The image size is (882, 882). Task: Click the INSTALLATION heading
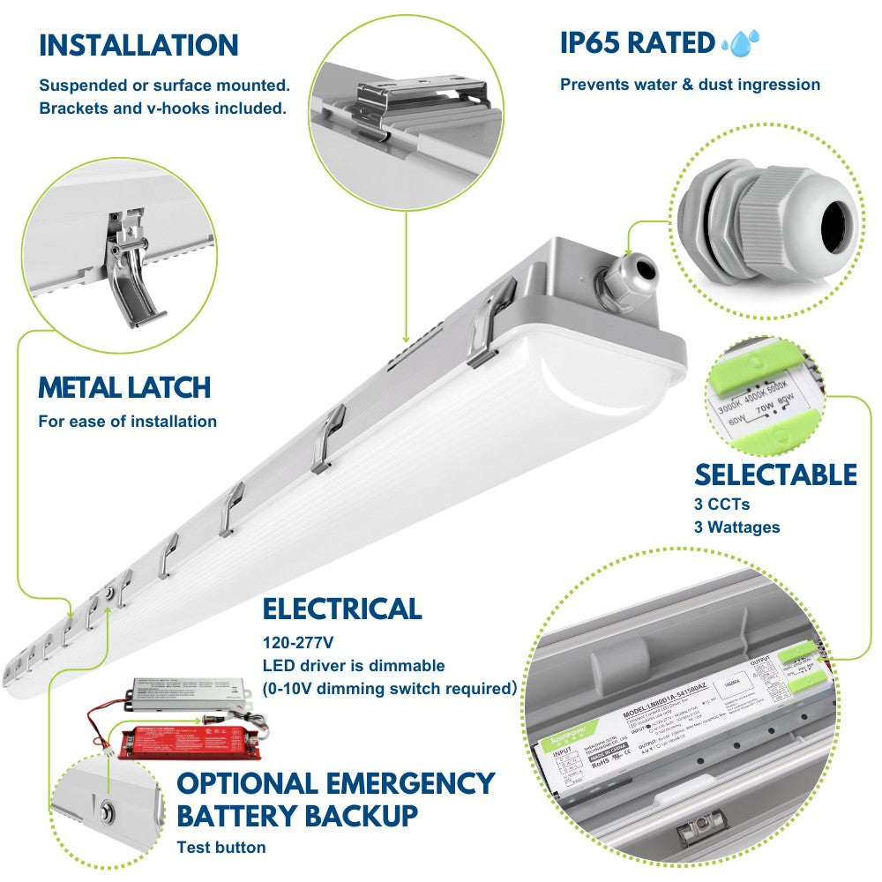138,45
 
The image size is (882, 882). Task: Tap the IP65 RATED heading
637,42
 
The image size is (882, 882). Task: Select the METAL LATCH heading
124,387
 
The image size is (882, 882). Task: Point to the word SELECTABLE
775,475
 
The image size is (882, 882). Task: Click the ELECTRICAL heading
342,609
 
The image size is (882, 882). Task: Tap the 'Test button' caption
221,848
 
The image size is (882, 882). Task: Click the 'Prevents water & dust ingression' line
690,85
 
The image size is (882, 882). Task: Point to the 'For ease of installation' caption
127,422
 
